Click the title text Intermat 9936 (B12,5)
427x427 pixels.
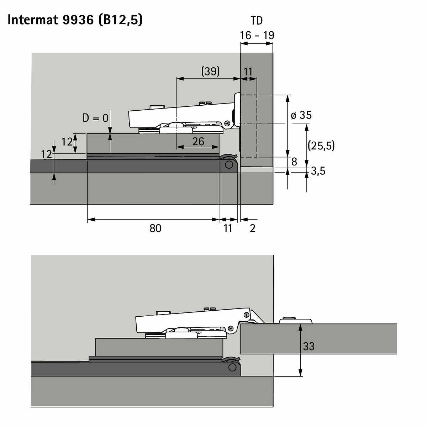click(75, 20)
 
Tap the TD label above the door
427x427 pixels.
click(257, 21)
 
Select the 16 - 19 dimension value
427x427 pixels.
click(257, 35)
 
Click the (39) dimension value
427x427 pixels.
click(210, 71)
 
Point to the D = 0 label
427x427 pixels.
click(95, 118)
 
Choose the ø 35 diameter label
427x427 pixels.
click(301, 115)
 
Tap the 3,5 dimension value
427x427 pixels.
click(318, 171)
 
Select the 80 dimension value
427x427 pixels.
click(155, 228)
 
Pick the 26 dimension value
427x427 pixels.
click(198, 141)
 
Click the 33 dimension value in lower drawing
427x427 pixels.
click(309, 346)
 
